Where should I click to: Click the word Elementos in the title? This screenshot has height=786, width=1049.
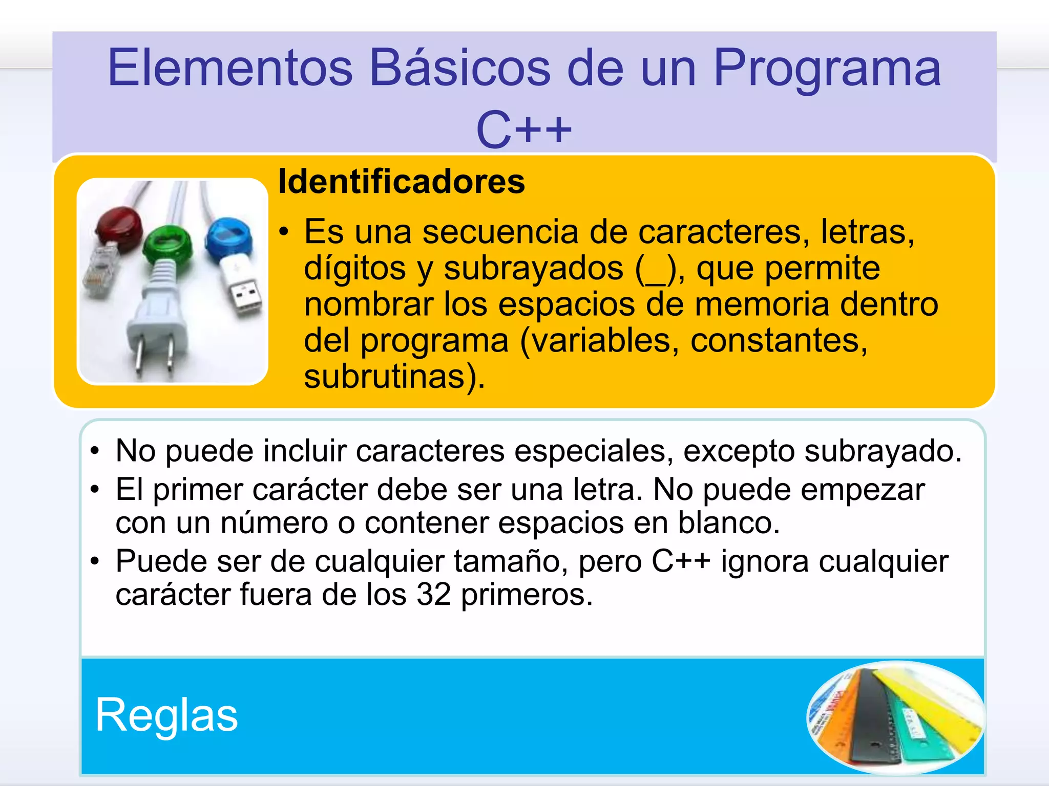[x=230, y=68]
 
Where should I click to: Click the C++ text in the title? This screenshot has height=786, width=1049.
[x=523, y=130]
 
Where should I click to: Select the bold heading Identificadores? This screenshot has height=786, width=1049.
[x=402, y=182]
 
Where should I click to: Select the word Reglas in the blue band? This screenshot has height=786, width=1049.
[x=166, y=715]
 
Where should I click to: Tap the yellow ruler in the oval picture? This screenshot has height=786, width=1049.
[x=927, y=701]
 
